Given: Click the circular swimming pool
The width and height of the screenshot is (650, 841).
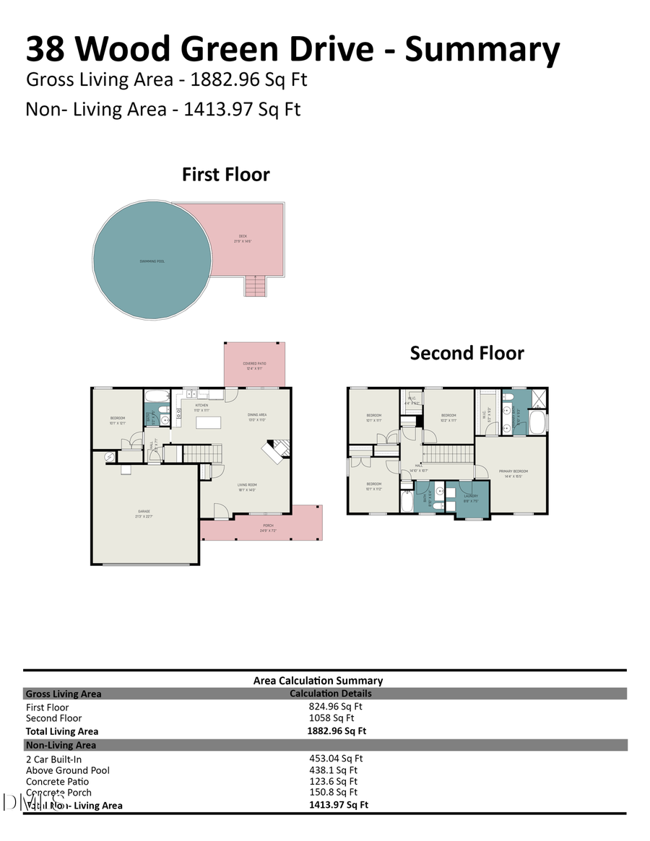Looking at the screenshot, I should click(152, 261).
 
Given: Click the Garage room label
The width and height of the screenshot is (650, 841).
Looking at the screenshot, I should click(144, 513).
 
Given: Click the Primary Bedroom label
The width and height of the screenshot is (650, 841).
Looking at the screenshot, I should click(513, 473).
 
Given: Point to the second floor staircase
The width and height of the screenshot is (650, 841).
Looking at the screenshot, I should click(447, 455).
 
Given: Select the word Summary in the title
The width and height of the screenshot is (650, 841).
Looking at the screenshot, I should click(482, 48).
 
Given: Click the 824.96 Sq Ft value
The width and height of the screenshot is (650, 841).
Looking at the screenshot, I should click(336, 707).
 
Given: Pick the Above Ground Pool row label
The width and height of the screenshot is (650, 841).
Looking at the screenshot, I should click(68, 770).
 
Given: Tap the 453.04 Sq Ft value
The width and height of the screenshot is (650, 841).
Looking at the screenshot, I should click(336, 759).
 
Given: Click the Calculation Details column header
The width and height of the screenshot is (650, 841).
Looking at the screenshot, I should click(331, 694).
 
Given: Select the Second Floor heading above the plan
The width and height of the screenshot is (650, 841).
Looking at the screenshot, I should click(467, 353).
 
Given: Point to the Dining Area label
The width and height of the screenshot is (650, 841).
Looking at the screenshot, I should click(258, 416).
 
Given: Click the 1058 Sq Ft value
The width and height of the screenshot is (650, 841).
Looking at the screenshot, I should click(331, 718).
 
